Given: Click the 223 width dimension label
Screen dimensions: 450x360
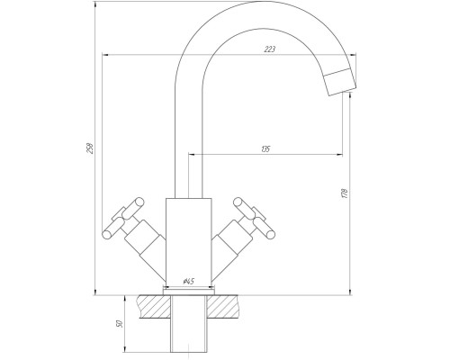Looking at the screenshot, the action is point(269,49).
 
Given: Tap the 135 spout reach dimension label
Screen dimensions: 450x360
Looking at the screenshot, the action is point(265,148).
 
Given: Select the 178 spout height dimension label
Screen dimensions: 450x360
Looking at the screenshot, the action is point(345,193).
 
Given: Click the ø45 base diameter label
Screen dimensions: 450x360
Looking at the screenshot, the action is point(189,281).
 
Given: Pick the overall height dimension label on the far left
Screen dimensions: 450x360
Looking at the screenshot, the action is point(90,148).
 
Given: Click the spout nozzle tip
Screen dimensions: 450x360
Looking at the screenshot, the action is point(340,82).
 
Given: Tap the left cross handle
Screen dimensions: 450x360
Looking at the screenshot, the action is point(123,218).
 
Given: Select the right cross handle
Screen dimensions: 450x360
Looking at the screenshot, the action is point(255,218).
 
